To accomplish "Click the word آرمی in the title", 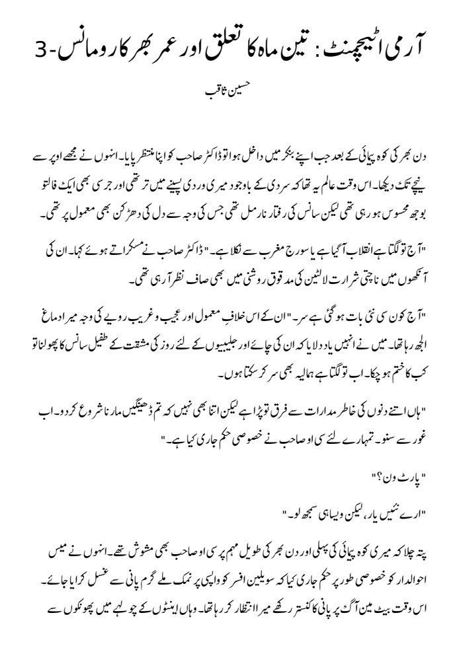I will coord(405,44).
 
